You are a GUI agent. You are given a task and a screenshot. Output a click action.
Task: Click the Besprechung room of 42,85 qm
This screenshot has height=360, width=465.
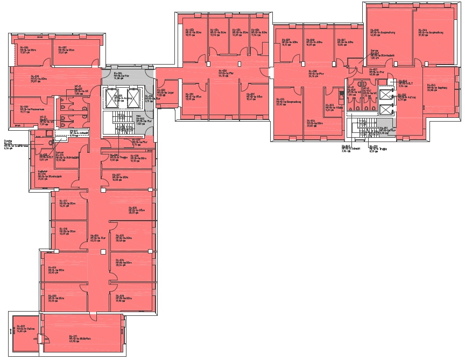(387, 35)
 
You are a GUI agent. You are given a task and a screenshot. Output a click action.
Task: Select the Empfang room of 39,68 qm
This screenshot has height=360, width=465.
(436, 89)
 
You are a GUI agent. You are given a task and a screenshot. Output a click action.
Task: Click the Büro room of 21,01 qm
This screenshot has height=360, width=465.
(75, 51)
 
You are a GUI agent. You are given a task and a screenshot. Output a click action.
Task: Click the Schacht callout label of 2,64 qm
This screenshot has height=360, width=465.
(347, 149)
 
